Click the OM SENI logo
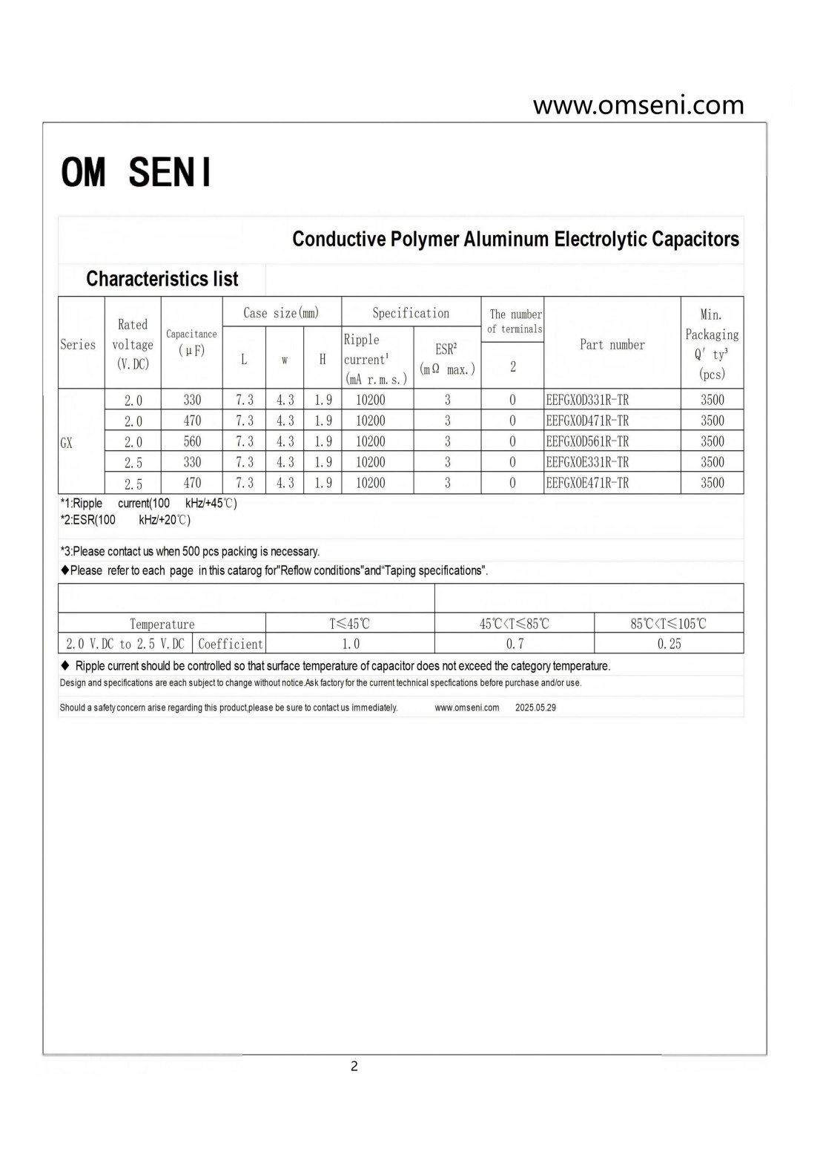coord(136,172)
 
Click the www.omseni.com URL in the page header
coord(638,105)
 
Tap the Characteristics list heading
coord(162,279)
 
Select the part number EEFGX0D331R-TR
coord(587,400)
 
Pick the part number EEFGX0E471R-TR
coord(587,483)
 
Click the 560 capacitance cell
coord(192,441)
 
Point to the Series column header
coord(78,344)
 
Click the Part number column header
coord(612,344)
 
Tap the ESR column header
coord(447,358)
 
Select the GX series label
coord(67,443)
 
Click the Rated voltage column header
coord(133,344)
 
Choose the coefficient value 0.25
coord(669,644)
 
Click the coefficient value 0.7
coord(515,644)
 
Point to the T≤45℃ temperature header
coord(350,624)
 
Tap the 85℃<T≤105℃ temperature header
coord(669,624)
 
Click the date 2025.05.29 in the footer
coord(535,708)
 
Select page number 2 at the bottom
coord(354,1066)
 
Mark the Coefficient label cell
coord(230,644)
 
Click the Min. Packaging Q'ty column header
coord(712,344)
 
